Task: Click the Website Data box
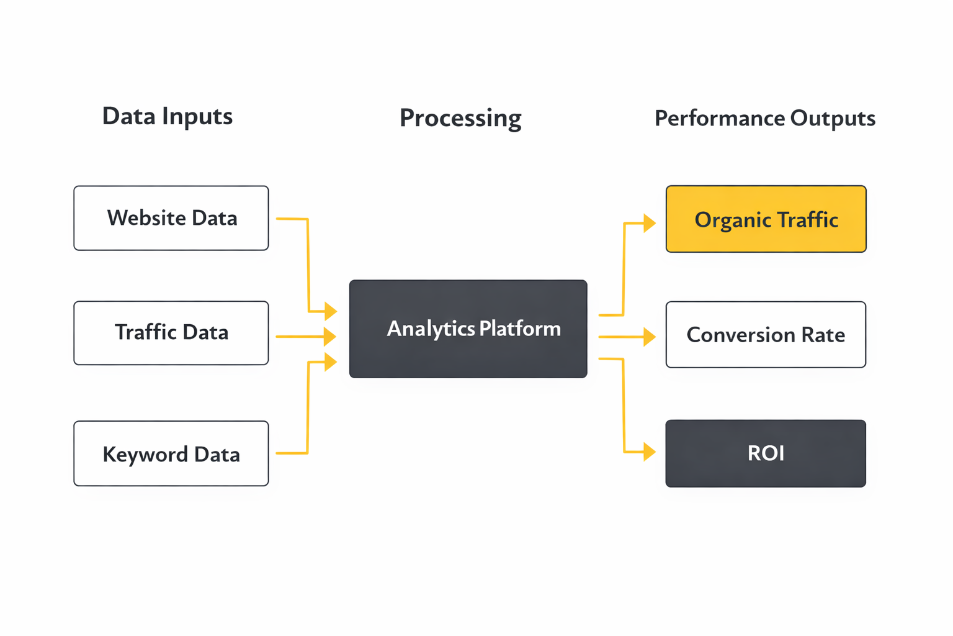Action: click(x=171, y=218)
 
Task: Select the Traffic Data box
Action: click(x=171, y=333)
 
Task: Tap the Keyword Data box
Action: click(x=171, y=453)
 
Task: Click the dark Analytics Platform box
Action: click(x=468, y=329)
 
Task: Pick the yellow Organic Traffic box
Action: click(x=766, y=219)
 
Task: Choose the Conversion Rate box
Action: click(x=766, y=335)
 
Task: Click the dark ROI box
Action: click(x=766, y=453)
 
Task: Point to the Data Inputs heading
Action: click(x=168, y=116)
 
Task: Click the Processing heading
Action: click(x=460, y=118)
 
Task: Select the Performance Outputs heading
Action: click(x=764, y=118)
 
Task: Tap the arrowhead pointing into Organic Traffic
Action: click(x=649, y=223)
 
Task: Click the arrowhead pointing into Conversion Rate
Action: click(x=649, y=337)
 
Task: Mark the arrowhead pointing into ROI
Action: click(x=649, y=452)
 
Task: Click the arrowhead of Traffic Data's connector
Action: click(x=329, y=336)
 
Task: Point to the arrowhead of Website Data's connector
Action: click(x=330, y=311)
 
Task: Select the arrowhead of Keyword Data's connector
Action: click(x=330, y=361)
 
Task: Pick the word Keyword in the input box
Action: click(x=145, y=455)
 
